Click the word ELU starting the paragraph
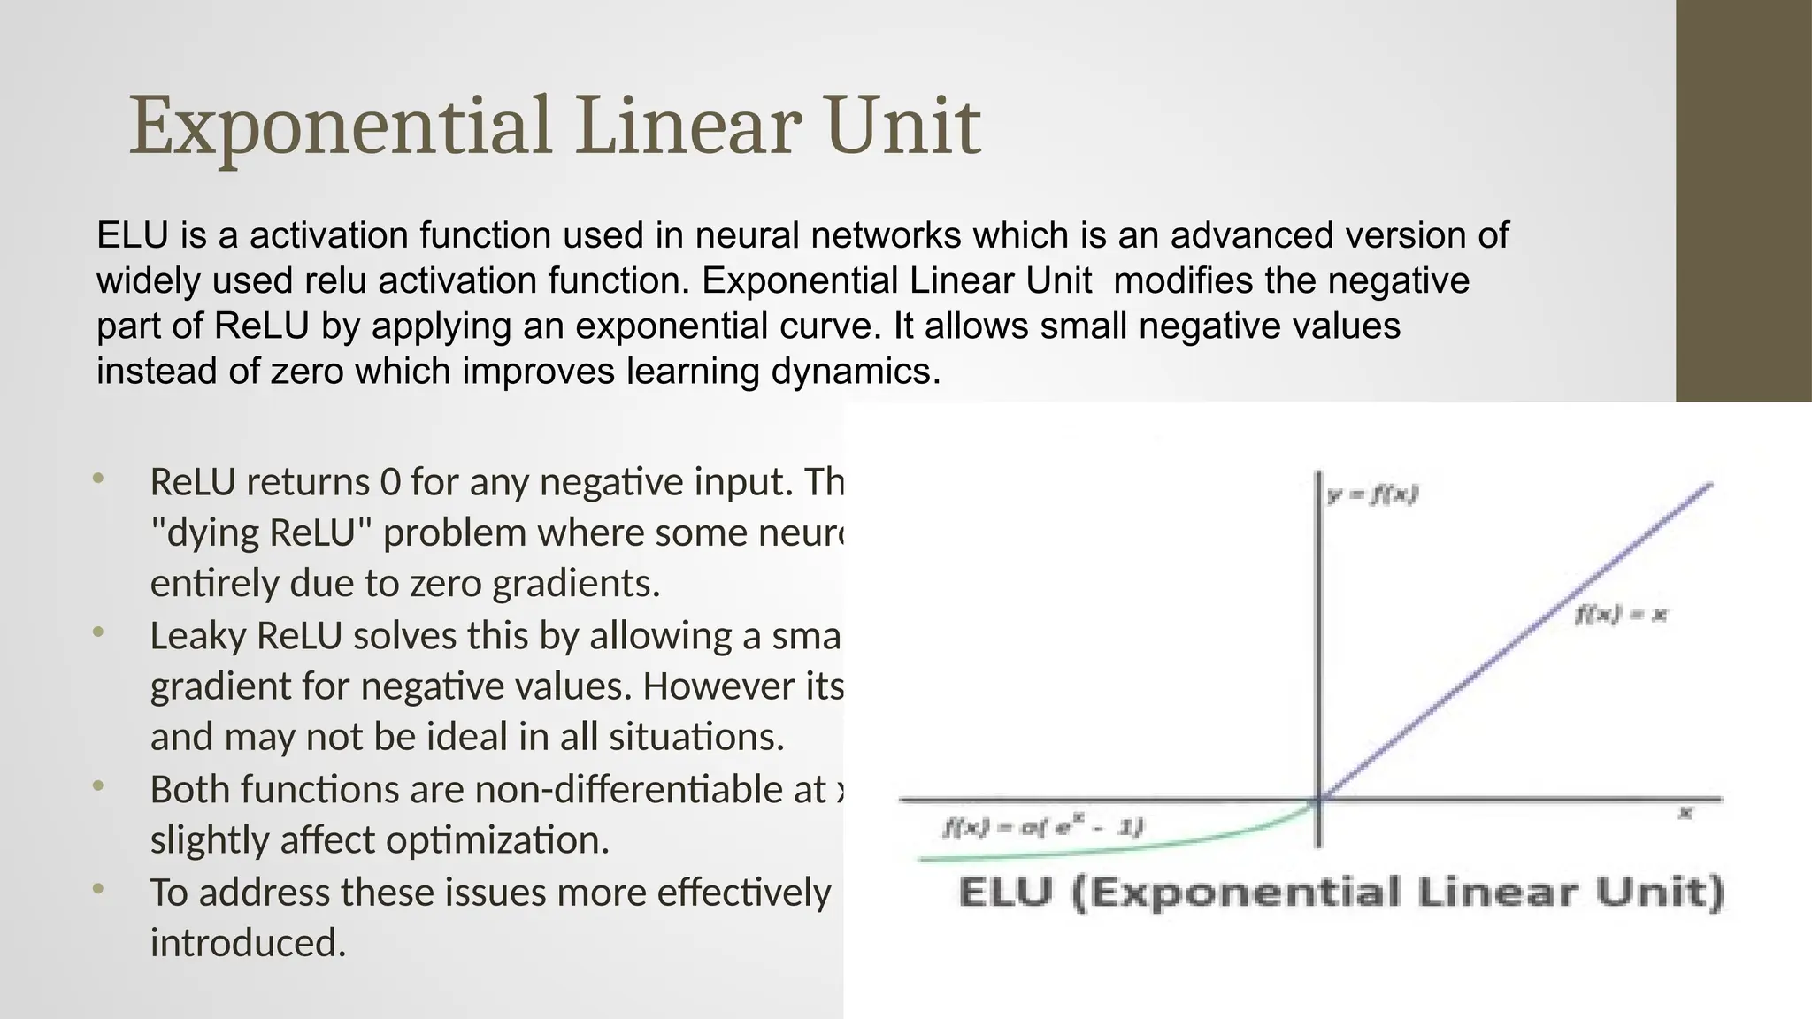pyautogui.click(x=132, y=235)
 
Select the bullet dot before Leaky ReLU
pyautogui.click(x=98, y=633)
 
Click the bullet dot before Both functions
pyautogui.click(x=98, y=786)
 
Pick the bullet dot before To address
pyautogui.click(x=98, y=889)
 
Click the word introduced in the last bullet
pyautogui.click(x=247, y=943)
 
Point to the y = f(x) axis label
pyautogui.click(x=1372, y=495)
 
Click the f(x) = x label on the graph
pyautogui.click(x=1620, y=615)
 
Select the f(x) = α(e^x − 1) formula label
pyautogui.click(x=1042, y=828)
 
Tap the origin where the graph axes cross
pyautogui.click(x=1319, y=800)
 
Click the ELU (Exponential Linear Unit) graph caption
pyautogui.click(x=1341, y=892)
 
